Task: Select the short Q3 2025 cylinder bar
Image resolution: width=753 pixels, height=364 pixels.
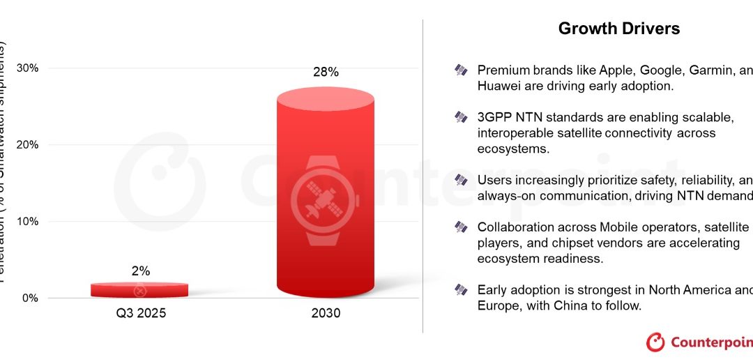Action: (139, 289)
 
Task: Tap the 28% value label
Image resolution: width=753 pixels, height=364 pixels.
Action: (326, 72)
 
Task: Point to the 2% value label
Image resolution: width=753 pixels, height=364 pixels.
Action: (140, 271)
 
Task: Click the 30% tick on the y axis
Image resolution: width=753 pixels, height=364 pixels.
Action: (26, 68)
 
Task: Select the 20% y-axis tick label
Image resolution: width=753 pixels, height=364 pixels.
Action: (26, 145)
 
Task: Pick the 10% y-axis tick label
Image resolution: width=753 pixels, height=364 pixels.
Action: (26, 222)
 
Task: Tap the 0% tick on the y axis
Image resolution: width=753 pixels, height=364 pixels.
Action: (29, 298)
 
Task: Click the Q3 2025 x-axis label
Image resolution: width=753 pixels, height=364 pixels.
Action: (141, 314)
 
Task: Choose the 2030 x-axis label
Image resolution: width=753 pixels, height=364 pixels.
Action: (326, 314)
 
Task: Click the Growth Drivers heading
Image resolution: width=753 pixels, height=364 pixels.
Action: (619, 29)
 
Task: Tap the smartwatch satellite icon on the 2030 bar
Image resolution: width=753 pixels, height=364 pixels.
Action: (326, 200)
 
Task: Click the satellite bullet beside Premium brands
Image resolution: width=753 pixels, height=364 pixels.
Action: (461, 70)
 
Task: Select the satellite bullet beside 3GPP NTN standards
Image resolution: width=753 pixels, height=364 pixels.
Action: (461, 116)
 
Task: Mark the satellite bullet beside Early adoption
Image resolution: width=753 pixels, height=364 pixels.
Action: (461, 289)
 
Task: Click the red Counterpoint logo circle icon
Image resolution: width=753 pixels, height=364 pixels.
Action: (656, 342)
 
